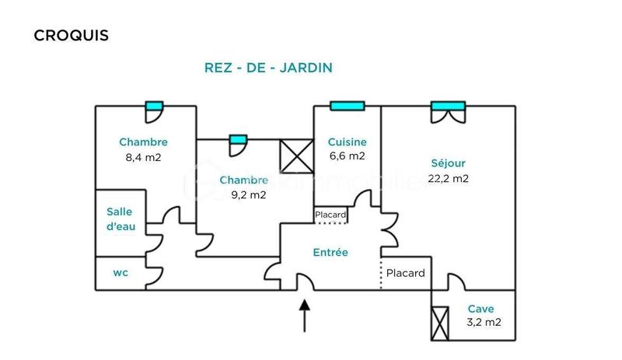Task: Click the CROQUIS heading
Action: coord(71,36)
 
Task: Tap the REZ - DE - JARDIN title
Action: coord(267,68)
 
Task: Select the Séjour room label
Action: coord(449,163)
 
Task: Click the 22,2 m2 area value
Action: coord(449,178)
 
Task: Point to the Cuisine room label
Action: coord(347,142)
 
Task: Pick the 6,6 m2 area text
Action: coord(347,156)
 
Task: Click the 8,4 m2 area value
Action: coord(143,156)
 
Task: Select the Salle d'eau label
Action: coord(120,218)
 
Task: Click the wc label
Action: coord(121,273)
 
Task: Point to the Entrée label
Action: coord(330,253)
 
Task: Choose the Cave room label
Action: coord(481,309)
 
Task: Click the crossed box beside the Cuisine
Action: coord(296,156)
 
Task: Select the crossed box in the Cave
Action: coord(440,323)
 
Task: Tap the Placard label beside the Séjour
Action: coord(405,273)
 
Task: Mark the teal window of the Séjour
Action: coord(448,106)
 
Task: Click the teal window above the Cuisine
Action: coord(347,106)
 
